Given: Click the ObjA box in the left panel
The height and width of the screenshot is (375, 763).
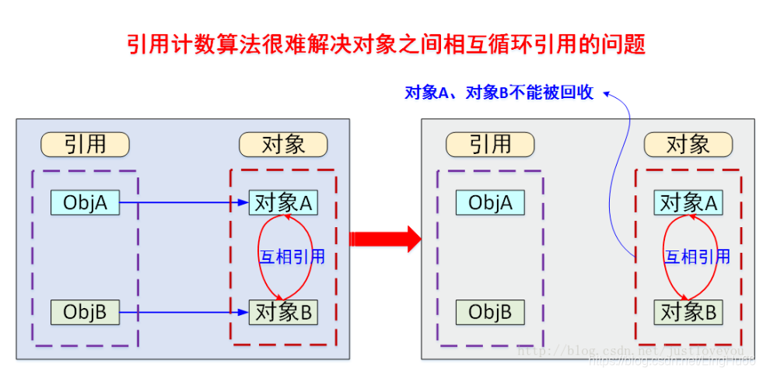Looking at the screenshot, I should point(85,203).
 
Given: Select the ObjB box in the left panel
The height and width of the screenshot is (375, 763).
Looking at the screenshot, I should point(85,313).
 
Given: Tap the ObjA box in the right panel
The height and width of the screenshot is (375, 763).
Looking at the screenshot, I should point(490,203).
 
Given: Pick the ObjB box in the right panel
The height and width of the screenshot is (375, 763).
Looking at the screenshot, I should point(490,313).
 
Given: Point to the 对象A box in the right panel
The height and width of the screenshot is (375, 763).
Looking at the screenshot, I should point(688,203).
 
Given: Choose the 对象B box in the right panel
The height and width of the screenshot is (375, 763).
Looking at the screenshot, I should point(688,313).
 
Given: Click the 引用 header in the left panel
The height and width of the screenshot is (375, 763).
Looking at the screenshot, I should point(85,145).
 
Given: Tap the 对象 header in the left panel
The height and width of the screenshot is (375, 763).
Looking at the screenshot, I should point(283,145).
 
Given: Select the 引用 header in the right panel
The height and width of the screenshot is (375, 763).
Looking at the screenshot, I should point(490,145).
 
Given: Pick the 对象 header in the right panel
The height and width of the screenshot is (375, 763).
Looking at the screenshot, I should point(688,145).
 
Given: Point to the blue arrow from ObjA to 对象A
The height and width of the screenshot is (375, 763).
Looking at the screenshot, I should point(184,204).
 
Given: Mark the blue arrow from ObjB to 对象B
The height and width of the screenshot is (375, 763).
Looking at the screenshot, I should point(184,314).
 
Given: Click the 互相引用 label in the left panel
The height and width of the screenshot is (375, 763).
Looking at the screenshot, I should point(292,258).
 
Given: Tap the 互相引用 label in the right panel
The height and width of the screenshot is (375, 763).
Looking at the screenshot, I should point(698,258).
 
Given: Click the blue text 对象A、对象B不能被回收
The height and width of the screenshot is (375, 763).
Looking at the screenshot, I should point(499,93).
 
